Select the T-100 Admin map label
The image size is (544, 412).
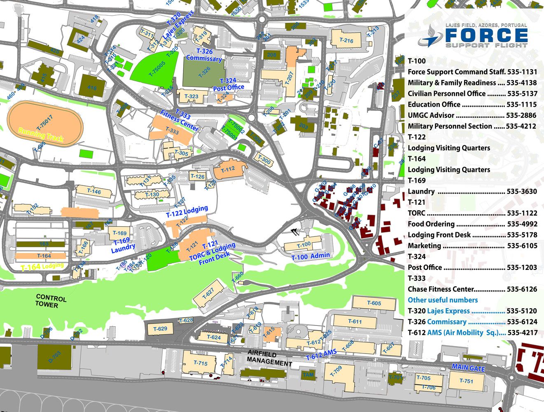tap(311, 256)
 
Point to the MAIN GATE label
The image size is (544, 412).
tap(468, 368)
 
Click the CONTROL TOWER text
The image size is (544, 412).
tap(51, 301)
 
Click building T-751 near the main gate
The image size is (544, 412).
tap(466, 381)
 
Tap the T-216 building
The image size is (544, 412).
tap(346, 40)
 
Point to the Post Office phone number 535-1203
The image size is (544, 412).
tap(522, 267)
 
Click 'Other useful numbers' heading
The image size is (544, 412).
tap(443, 300)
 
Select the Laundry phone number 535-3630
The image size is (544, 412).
tap(522, 191)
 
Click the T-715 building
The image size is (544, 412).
tap(200, 363)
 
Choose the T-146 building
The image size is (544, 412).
tap(94, 192)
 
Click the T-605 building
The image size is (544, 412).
tap(374, 303)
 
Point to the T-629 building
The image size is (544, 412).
tap(160, 329)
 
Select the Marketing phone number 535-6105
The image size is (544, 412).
tap(522, 246)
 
